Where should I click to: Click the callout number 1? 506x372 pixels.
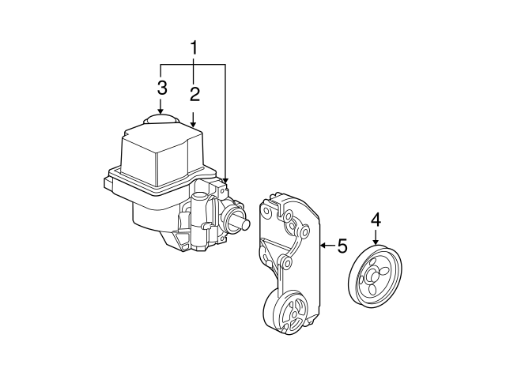coord(193,49)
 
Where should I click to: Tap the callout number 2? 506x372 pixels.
coord(194,95)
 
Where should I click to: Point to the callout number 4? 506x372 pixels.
coord(376,219)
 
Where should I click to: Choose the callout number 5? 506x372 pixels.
coord(342,246)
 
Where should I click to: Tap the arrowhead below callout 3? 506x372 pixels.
coord(161,112)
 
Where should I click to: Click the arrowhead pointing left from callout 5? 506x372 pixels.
coord(323,246)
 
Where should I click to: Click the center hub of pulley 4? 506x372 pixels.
coord(375,276)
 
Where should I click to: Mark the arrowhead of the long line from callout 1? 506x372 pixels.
coord(225,182)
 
